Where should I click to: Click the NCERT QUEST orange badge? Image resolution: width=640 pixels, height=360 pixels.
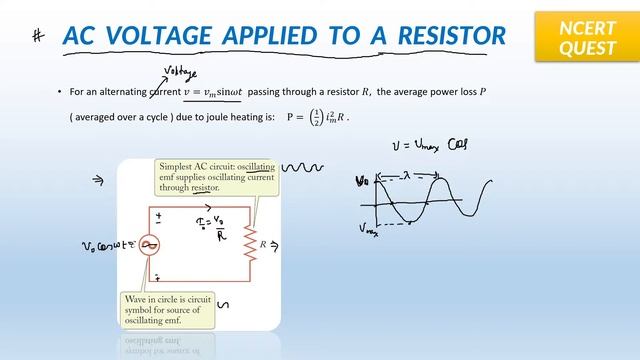(587, 38)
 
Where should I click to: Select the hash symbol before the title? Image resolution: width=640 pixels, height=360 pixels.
(39, 36)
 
